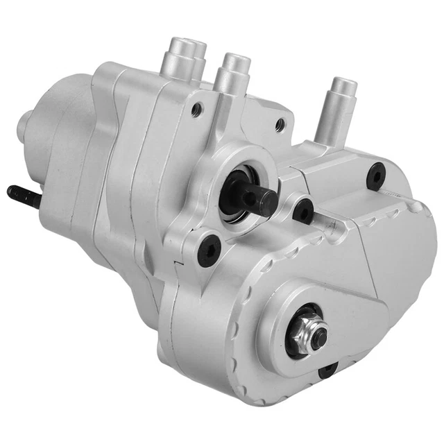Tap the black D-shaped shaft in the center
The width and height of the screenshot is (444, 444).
point(258,199)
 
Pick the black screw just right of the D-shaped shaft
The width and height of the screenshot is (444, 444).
point(302,211)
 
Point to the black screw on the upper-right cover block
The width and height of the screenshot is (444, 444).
point(376,176)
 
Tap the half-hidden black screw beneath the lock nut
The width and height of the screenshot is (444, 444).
point(327,370)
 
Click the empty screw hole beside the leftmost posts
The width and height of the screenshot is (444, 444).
point(197,108)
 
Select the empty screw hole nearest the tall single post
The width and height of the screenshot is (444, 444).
point(280,125)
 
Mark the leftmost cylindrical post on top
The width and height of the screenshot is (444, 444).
point(185,58)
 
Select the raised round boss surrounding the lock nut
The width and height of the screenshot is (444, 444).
point(291,333)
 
